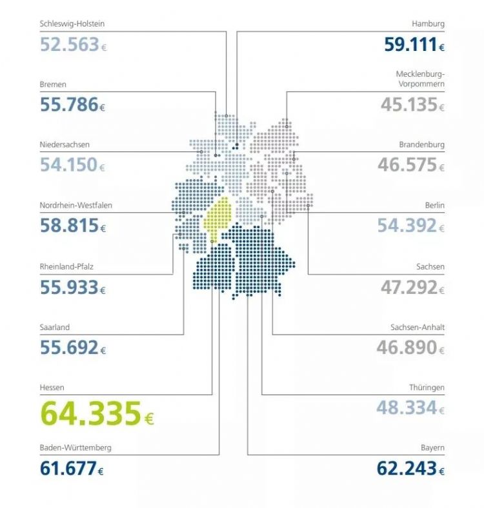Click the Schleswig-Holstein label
[x=72, y=24]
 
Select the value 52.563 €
[x=73, y=44]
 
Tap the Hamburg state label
[x=428, y=24]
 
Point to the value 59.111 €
[x=414, y=44]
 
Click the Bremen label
[x=53, y=84]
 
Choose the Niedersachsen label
[x=65, y=144]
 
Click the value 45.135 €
[x=412, y=104]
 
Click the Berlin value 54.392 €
[x=412, y=226]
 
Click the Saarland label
[x=55, y=327]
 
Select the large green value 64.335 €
[x=97, y=413]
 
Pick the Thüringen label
[x=427, y=387]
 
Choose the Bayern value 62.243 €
[x=411, y=469]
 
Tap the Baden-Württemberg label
[x=75, y=447]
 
